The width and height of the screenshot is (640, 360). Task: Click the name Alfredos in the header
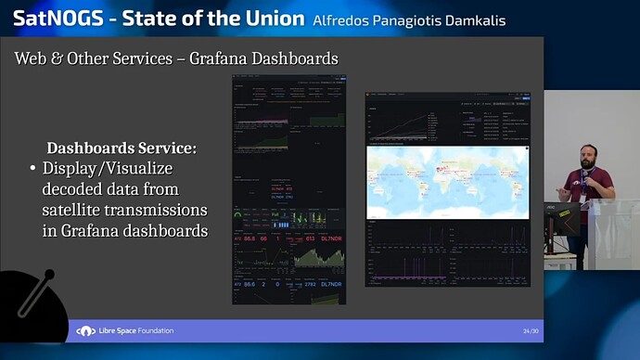(x=342, y=20)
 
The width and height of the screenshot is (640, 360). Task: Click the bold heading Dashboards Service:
(x=122, y=148)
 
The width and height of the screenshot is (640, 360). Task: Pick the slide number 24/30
(x=531, y=331)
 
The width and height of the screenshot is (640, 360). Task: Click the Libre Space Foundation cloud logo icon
(x=86, y=331)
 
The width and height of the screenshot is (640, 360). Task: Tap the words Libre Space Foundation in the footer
(x=136, y=331)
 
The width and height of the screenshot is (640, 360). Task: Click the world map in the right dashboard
(x=448, y=182)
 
